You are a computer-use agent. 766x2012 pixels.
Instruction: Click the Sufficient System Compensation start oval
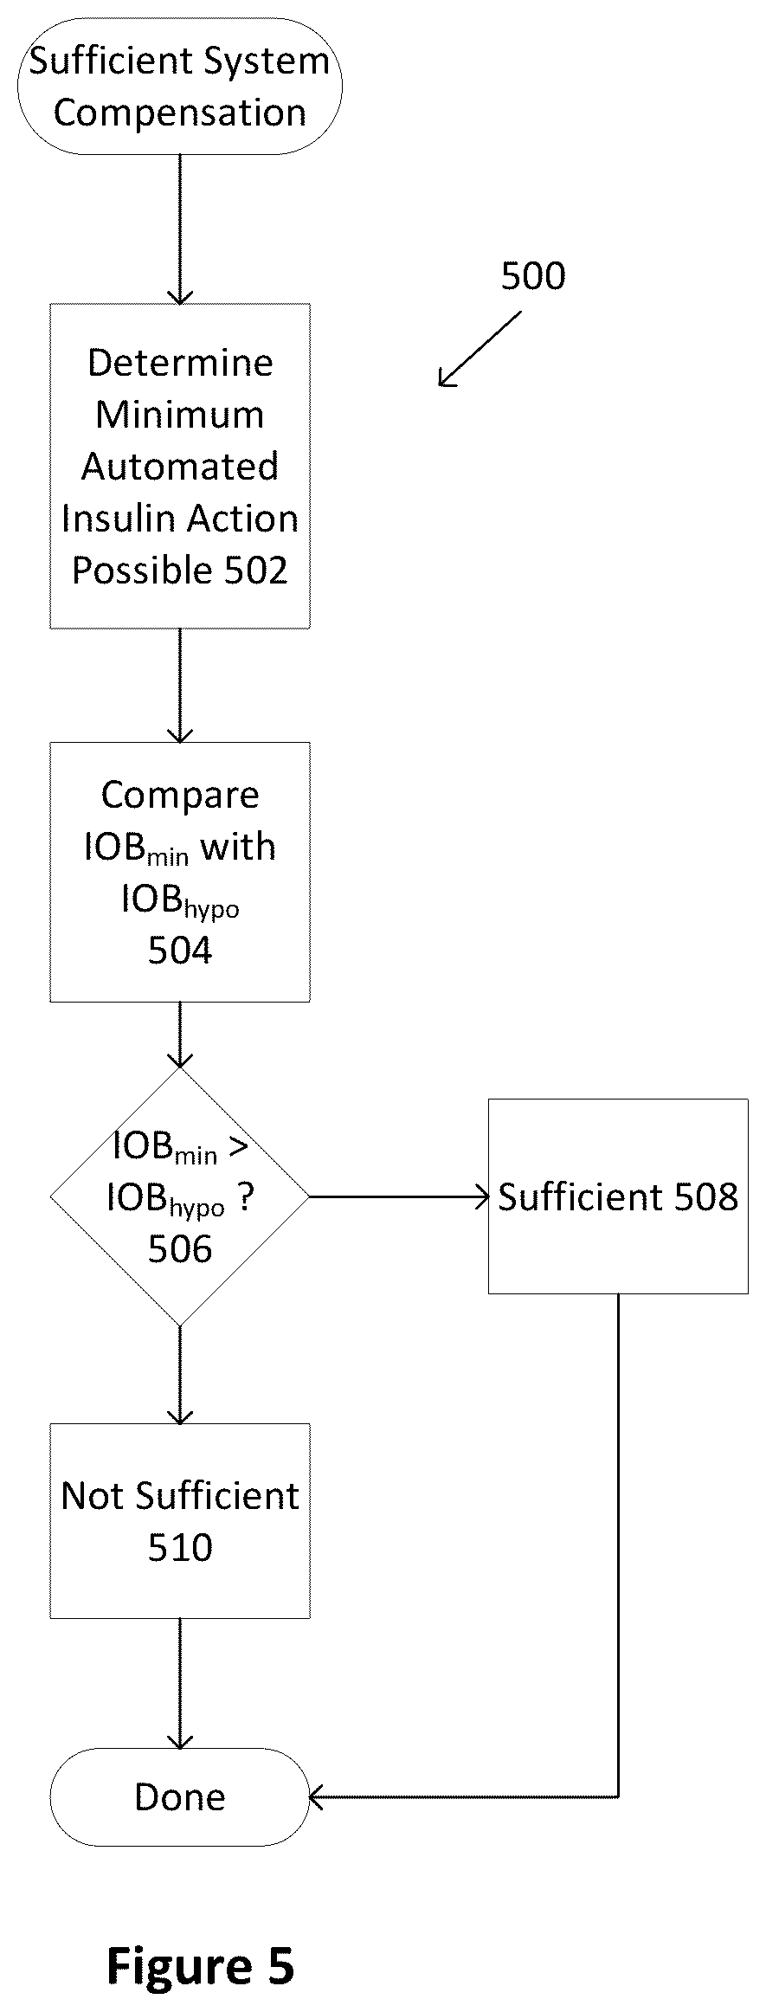click(180, 87)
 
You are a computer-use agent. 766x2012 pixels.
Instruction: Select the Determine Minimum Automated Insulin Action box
click(180, 466)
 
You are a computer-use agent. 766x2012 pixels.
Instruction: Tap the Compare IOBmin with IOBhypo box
click(180, 872)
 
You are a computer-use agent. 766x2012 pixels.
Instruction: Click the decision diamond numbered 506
click(180, 1197)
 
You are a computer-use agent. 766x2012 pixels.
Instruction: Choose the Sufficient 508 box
click(618, 1196)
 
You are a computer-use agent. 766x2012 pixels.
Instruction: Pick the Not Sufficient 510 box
click(180, 1521)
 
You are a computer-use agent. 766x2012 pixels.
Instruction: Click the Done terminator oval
click(180, 1797)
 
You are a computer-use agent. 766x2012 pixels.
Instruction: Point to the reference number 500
click(533, 276)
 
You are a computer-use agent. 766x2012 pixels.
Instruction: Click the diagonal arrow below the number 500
click(480, 349)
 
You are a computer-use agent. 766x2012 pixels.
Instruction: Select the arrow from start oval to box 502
click(180, 229)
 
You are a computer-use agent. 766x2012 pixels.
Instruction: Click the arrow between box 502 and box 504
click(180, 686)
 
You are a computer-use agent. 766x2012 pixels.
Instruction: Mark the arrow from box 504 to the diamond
click(180, 1035)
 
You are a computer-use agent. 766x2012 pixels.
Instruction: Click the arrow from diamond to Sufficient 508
click(399, 1197)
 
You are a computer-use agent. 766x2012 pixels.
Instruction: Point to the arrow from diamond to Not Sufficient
click(180, 1376)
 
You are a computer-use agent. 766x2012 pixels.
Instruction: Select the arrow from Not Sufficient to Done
click(180, 1684)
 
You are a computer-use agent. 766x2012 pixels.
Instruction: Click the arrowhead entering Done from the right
click(316, 1797)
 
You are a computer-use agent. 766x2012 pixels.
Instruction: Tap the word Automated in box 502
click(180, 467)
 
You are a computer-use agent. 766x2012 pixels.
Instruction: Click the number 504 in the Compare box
click(180, 951)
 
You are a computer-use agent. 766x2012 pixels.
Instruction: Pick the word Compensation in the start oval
click(180, 113)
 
